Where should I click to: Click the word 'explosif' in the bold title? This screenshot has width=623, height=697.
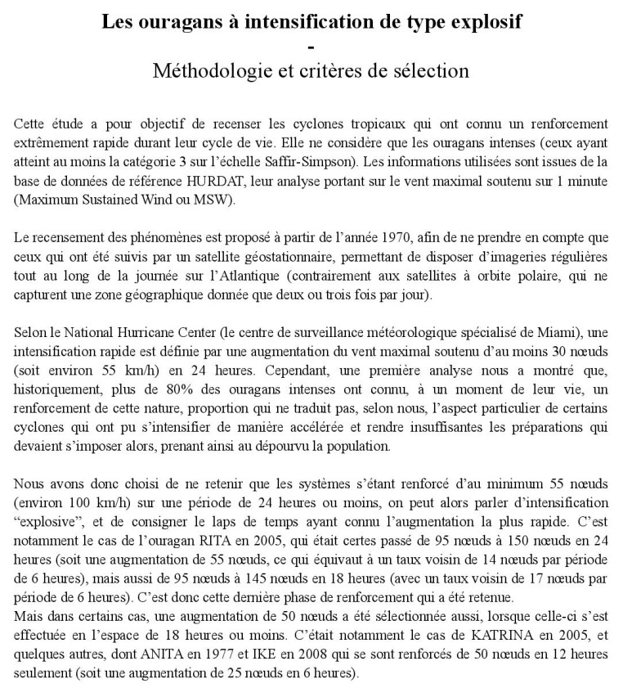[488, 22]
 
